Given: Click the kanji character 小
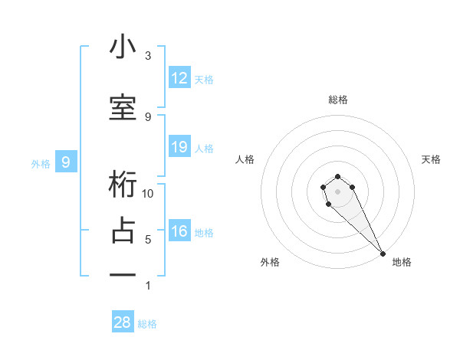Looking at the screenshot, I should pos(123,47).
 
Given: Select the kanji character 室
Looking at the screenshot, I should pos(123,108).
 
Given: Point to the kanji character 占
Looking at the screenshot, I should pos(123,231).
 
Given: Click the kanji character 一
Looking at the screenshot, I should pos(123,274).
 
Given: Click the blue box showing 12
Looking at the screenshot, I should pos(179,78).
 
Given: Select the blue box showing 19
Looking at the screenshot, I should pos(179,147).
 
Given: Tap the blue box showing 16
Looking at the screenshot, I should pos(179,232).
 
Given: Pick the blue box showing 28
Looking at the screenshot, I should pos(123,322).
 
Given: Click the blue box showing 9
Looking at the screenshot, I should pos(66,162).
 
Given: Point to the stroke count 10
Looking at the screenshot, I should pos(148,193).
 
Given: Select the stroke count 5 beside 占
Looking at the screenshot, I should pos(148,240).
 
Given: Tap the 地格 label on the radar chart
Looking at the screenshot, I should pos(402,262).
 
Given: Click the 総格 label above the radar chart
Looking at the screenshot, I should pos(338,100).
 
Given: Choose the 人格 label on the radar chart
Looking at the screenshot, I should pos(245,159).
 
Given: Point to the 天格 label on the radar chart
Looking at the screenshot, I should pos(431,159).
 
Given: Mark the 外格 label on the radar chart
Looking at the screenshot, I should pos(269,262).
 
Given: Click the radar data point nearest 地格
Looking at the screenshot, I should pos(383,254).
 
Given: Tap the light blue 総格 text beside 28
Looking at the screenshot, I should pos(147,324).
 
